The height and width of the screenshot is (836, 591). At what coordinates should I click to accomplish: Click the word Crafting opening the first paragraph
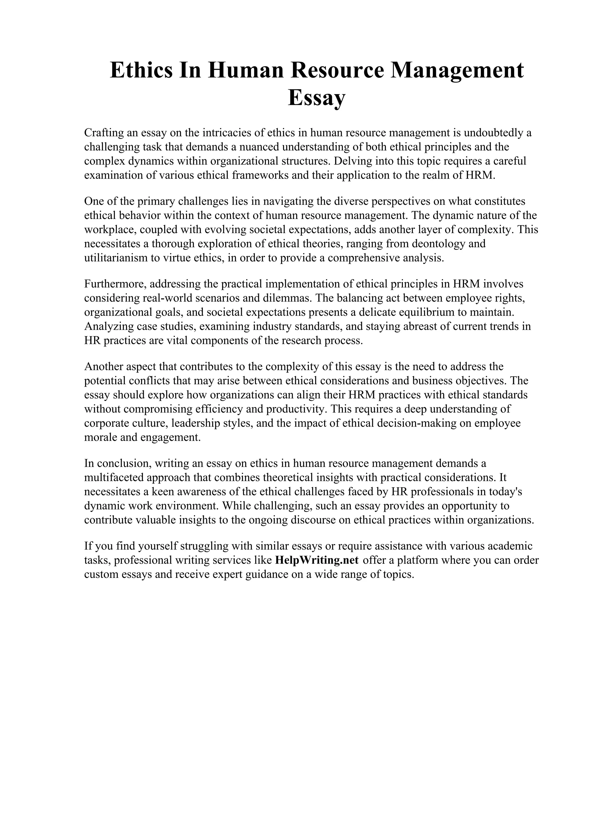pyautogui.click(x=103, y=133)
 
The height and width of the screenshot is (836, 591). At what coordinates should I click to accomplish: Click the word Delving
pyautogui.click(x=352, y=161)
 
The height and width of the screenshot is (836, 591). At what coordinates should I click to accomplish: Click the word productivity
pyautogui.click(x=295, y=409)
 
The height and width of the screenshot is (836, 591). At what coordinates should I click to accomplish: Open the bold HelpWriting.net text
pyautogui.click(x=317, y=560)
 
